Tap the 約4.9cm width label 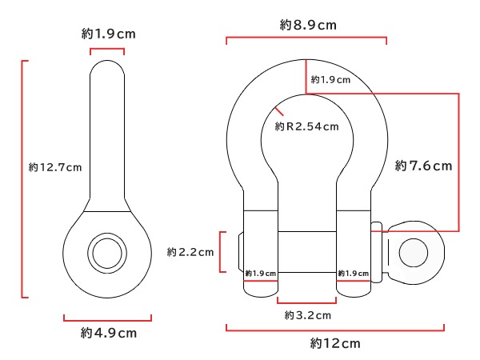(108, 332)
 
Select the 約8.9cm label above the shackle (308, 25)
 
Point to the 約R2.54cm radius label (306, 126)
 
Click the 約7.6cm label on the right (424, 166)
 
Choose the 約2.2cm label (190, 252)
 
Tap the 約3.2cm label (307, 315)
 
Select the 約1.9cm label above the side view (107, 34)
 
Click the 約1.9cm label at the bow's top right (330, 79)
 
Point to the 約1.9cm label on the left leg (260, 272)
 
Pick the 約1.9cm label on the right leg (353, 272)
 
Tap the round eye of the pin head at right (414, 252)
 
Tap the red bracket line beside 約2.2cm (222, 252)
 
